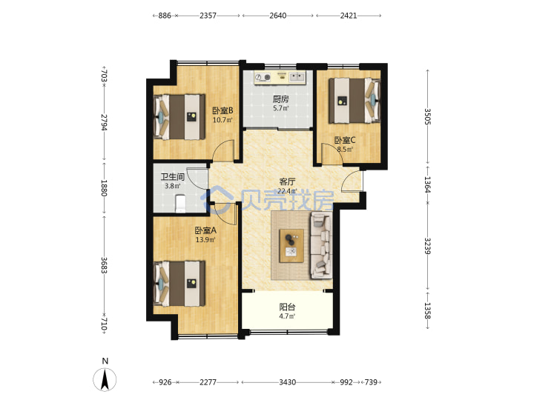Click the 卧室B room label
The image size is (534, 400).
point(222,110)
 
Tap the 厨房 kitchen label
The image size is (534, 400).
point(281,99)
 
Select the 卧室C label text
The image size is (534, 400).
point(345,140)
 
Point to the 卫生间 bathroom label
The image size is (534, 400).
point(173,177)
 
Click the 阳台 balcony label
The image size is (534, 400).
point(287,307)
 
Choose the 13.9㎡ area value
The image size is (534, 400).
point(205,240)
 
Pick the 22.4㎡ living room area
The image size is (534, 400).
point(287,191)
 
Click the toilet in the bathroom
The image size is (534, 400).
point(180,203)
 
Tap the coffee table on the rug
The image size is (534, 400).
point(291,246)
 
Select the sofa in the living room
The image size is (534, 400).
point(320,245)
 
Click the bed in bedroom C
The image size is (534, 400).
point(355,101)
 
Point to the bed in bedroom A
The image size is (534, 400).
point(179,284)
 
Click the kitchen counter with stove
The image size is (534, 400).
point(280,78)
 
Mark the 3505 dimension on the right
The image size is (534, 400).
point(428,117)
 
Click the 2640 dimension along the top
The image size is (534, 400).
point(278,16)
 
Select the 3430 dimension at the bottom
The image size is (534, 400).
point(288,382)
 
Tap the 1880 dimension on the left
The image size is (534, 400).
point(105,187)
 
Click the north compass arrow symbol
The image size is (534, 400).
point(105,379)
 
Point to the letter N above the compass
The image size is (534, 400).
point(105,361)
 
